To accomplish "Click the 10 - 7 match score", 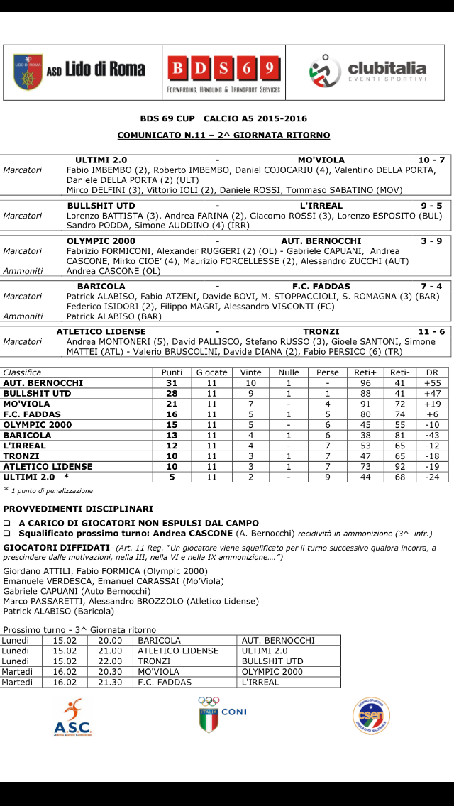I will pos(431,160).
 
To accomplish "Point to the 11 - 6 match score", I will pos(431,331).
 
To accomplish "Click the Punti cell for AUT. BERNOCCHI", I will pos(172,383).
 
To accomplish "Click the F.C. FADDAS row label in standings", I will pos(32,414).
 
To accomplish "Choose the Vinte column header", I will pos(250,372).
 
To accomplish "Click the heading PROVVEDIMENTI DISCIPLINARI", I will pos(78,509).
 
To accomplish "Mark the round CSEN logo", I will pos(371,716).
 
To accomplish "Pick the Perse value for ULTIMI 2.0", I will pos(327,477).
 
